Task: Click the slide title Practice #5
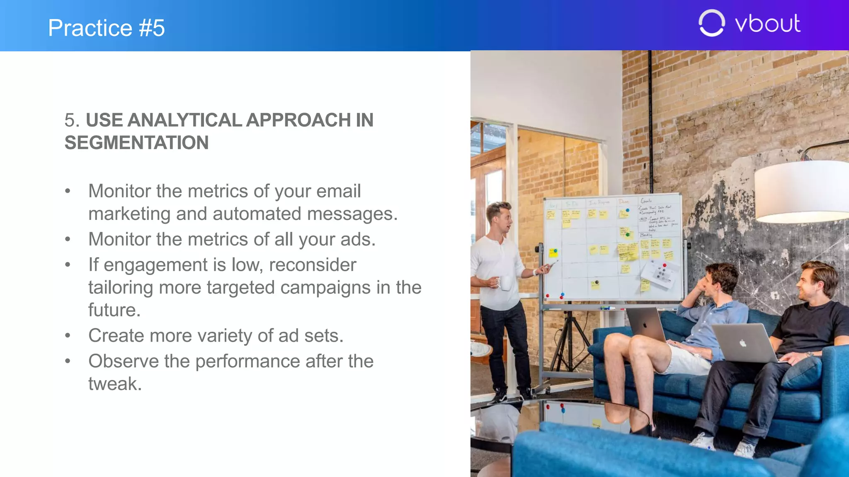point(106,28)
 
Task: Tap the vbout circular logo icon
point(711,23)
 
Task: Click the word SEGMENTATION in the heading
point(136,143)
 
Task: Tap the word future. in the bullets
point(114,310)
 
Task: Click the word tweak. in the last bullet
point(115,384)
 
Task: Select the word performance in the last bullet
point(247,361)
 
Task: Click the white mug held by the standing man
point(505,283)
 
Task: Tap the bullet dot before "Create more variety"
point(68,336)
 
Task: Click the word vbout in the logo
point(767,24)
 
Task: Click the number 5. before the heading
point(72,120)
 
